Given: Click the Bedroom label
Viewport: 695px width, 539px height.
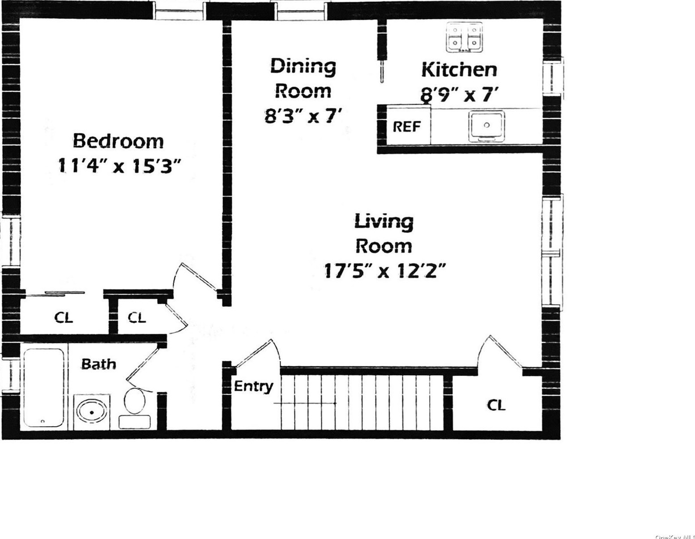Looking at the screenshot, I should coord(118,141).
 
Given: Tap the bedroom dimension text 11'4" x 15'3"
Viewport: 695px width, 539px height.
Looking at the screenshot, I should coord(119,167).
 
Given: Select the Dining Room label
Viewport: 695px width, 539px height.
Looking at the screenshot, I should coord(303,78).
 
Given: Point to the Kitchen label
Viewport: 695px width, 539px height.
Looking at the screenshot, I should coord(459,70).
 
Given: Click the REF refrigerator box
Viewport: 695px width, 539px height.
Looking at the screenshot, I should coord(407,127).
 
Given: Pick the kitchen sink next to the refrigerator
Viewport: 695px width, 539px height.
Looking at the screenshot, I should coord(487,126).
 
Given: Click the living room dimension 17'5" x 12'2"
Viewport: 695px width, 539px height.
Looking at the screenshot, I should coord(385,271).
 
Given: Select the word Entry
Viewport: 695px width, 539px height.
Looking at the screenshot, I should coord(253,386).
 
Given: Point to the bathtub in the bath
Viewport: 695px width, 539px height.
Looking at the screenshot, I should coord(43,388).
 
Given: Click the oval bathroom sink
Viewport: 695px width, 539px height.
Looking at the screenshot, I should coord(92,412).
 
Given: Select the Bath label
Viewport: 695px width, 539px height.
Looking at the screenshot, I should coord(98,364).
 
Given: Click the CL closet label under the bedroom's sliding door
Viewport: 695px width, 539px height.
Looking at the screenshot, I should coord(64,318).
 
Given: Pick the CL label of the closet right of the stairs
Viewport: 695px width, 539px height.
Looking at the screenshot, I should coord(496,405).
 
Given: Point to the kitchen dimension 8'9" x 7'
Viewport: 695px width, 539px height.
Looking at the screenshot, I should coord(459,94).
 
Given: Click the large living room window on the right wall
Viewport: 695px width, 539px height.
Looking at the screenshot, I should coord(552,251).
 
